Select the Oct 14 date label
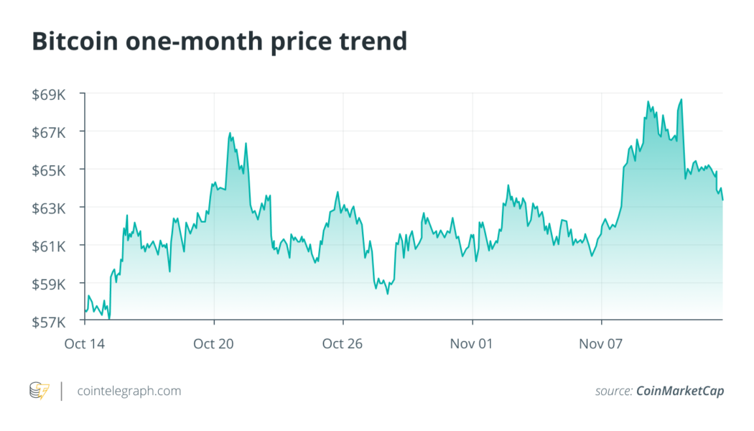(85, 343)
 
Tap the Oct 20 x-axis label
(214, 343)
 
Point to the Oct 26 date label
(343, 343)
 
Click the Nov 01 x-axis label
(472, 343)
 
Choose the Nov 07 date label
(601, 343)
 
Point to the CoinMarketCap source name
(679, 391)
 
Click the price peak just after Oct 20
(230, 134)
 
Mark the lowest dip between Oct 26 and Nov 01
(388, 292)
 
